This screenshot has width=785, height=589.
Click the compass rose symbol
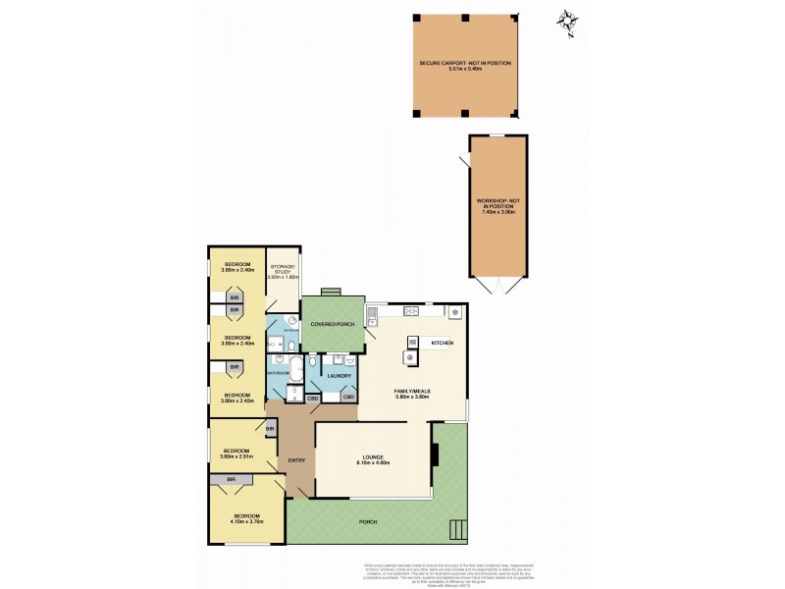566,23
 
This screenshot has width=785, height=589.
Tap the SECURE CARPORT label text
465,62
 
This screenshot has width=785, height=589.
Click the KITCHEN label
442,343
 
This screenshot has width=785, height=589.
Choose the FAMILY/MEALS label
413,392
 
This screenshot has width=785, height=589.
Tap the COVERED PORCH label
333,325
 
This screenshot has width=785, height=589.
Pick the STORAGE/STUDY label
283,272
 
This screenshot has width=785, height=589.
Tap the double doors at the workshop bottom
498,285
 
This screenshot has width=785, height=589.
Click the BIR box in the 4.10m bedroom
232,479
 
